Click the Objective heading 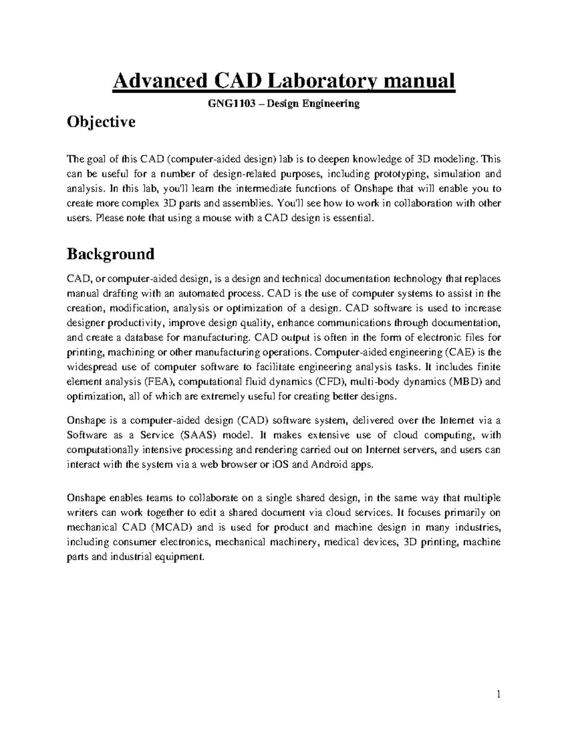(101, 122)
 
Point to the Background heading (111, 254)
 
